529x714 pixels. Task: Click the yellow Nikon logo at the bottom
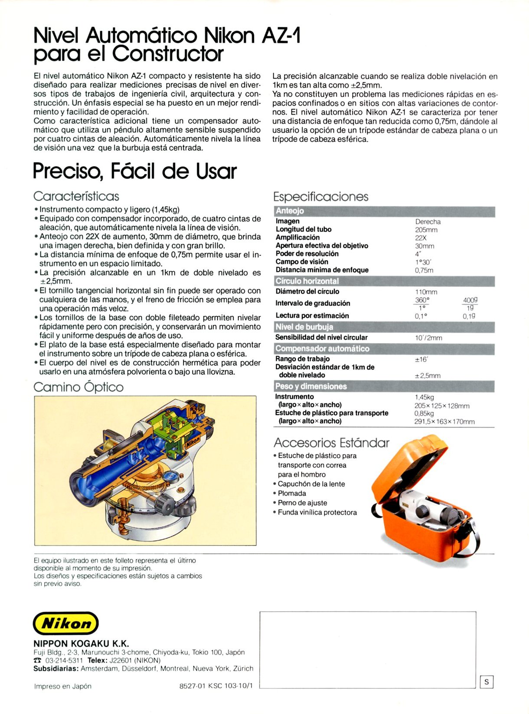(66, 623)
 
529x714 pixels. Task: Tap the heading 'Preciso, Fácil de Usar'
(135, 171)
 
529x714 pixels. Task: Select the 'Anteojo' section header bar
(384, 211)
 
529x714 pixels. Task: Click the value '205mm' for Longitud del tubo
(426, 230)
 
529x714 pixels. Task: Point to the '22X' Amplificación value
(421, 238)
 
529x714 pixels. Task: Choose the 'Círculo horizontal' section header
(384, 281)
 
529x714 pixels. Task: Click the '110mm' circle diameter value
(426, 292)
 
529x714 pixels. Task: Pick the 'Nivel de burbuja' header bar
(384, 327)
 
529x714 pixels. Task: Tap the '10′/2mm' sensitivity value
(428, 338)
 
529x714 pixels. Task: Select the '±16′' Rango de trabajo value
(421, 359)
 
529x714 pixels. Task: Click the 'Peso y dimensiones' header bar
(384, 386)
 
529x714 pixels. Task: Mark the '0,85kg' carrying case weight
(424, 414)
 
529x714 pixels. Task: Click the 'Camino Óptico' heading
(78, 387)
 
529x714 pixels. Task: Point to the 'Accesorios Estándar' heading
(331, 443)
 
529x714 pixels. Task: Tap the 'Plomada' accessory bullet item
(292, 493)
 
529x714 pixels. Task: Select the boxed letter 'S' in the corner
(487, 682)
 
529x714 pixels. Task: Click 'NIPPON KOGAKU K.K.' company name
(81, 643)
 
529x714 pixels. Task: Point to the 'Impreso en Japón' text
(63, 686)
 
